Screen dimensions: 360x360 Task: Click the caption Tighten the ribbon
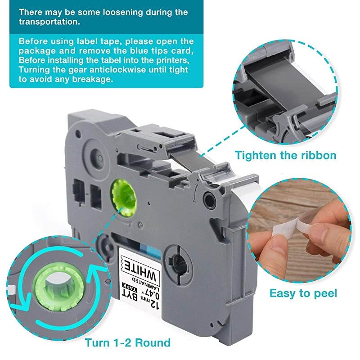click(x=285, y=156)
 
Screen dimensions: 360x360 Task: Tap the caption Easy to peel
click(x=303, y=294)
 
